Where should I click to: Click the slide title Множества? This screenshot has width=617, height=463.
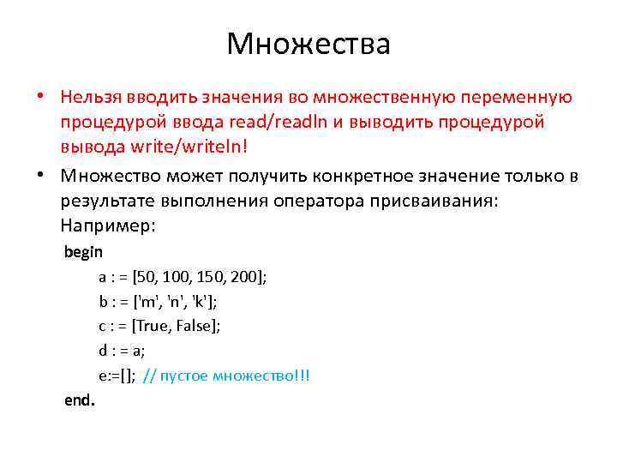pyautogui.click(x=308, y=44)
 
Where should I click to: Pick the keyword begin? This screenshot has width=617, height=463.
pyautogui.click(x=83, y=252)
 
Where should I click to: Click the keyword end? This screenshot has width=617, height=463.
pyautogui.click(x=80, y=400)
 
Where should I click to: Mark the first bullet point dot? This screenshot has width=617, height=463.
pyautogui.click(x=41, y=98)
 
